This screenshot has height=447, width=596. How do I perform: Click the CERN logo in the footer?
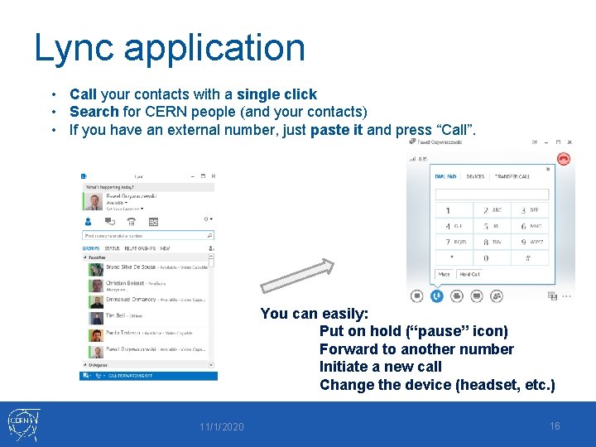pyautogui.click(x=22, y=425)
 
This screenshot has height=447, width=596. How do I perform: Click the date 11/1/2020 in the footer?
pyautogui.click(x=221, y=426)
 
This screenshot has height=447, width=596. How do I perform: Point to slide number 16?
pyautogui.click(x=555, y=425)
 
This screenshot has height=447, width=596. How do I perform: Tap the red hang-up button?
pyautogui.click(x=564, y=158)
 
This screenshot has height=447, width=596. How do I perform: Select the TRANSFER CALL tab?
pyautogui.click(x=512, y=176)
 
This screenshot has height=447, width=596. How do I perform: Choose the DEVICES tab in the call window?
pyautogui.click(x=475, y=176)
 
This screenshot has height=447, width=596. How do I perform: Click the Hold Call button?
pyautogui.click(x=469, y=274)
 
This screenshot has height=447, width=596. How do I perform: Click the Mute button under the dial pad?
pyautogui.click(x=445, y=274)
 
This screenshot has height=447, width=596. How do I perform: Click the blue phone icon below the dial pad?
pyautogui.click(x=436, y=296)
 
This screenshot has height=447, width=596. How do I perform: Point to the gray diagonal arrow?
pyautogui.click(x=297, y=276)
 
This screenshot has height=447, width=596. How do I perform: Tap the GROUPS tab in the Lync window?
pyautogui.click(x=90, y=248)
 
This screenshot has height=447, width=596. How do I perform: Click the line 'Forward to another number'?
pyautogui.click(x=416, y=349)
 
